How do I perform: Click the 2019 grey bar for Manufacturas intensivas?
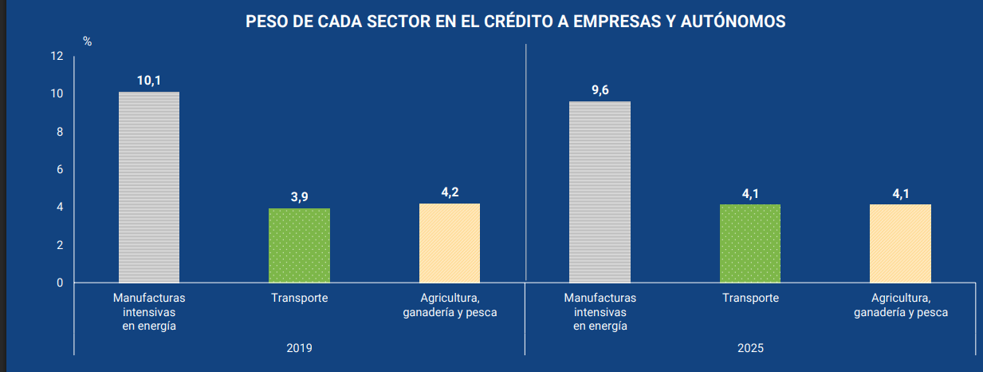coord(149,187)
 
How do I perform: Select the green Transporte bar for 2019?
coord(299,245)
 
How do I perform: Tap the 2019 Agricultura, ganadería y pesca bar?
coord(450,243)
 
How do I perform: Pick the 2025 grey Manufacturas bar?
coord(600,192)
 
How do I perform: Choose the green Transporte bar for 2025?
coord(750,243)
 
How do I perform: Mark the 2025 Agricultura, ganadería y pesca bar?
coord(900,243)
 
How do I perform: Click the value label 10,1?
coord(149,80)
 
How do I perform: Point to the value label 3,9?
coord(299,196)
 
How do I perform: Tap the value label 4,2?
coord(450,192)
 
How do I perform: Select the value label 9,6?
coord(600,89)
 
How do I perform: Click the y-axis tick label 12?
coord(56,56)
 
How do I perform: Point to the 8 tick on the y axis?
coord(59,132)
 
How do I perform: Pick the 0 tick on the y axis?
coord(59,283)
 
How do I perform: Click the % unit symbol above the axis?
coord(88,42)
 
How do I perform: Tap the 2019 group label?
coord(299,348)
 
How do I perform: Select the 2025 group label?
coord(750,348)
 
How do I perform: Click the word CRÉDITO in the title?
coord(493,22)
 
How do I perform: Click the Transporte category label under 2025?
coord(750,298)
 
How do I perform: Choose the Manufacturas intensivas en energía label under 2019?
coord(149,311)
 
